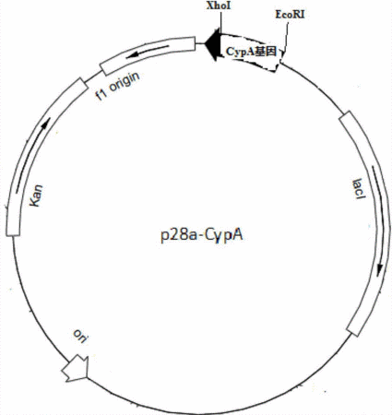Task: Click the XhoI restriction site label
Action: point(219,6)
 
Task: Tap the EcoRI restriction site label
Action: point(290,15)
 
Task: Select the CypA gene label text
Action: point(251,52)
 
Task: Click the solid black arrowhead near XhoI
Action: point(212,44)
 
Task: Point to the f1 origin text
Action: point(118,86)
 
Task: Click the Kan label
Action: point(36,196)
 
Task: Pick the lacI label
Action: point(359,189)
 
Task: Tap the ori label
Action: point(80,337)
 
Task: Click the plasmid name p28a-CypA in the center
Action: point(202,235)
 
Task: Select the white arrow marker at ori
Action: point(76,368)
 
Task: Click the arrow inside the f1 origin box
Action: point(148,52)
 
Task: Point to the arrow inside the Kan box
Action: point(30,155)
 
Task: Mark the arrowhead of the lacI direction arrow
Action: point(380,270)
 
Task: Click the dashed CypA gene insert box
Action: point(251,53)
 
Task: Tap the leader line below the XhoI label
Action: point(220,21)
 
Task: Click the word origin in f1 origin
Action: point(125,82)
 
